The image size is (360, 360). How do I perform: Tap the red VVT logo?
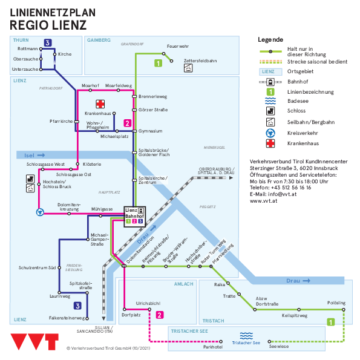pos(34,342)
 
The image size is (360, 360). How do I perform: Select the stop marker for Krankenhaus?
pos(114,113)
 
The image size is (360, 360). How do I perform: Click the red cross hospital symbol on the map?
pos(100,104)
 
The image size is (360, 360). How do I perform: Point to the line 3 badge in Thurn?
pos(48,43)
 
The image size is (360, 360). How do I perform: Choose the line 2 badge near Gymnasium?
pos(128,123)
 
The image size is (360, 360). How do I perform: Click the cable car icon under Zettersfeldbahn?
pos(188,68)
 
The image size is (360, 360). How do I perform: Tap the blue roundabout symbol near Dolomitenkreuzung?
pos(40,212)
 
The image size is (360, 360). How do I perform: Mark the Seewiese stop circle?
pos(269,342)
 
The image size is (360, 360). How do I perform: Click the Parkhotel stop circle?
pos(221,342)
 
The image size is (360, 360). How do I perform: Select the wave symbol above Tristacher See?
pos(246,336)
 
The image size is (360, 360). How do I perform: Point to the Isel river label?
pos(29,155)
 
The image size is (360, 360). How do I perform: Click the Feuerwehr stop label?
pos(178,46)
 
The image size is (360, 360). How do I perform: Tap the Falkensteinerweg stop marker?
pos(87,318)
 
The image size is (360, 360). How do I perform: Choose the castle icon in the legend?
pos(270,111)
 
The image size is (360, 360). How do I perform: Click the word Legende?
pos(270,39)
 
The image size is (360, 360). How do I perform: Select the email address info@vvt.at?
pos(282,194)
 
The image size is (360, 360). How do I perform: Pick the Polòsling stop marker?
pos(344,310)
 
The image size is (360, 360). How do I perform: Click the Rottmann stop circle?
pos(41,49)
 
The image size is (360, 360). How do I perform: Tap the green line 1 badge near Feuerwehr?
pos(158,63)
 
